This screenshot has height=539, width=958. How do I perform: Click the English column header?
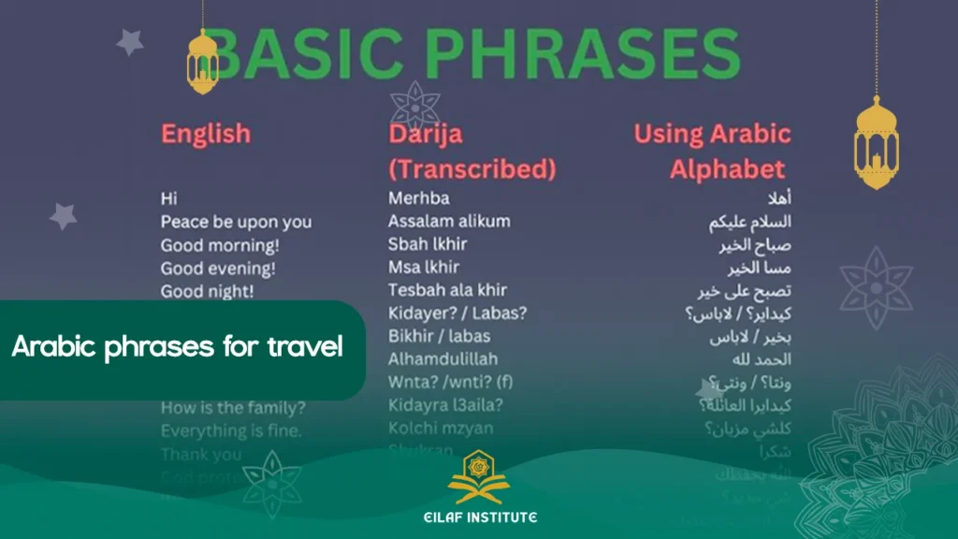tap(206, 134)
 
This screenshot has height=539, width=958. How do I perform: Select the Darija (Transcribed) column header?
tap(472, 152)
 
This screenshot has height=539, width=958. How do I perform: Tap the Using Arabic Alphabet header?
tap(713, 152)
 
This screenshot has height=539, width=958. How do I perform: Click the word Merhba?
tap(418, 198)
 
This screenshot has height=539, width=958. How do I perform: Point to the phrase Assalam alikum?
tap(449, 222)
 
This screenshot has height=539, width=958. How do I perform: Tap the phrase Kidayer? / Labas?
tap(457, 313)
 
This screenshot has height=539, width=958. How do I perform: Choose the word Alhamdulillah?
tap(443, 359)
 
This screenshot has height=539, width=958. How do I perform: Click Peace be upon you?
tap(236, 222)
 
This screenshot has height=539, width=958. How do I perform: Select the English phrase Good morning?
tap(219, 245)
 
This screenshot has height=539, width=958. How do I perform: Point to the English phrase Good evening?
tap(218, 269)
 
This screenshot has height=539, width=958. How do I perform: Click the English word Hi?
tap(168, 198)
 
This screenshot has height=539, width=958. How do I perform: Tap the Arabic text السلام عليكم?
tap(749, 222)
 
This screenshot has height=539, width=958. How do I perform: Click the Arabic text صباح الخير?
tap(756, 245)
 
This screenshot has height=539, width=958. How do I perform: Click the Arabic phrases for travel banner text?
tap(177, 348)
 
